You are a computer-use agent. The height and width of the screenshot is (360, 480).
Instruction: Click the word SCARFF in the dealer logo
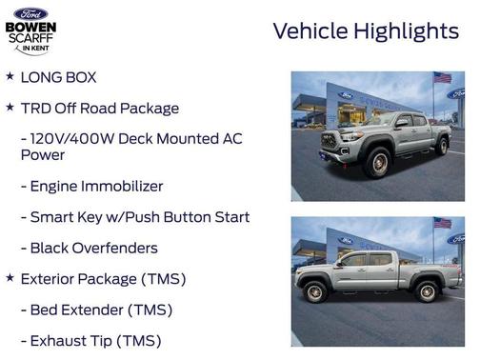click(31, 39)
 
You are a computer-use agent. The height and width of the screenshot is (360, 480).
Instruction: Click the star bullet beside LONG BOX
click(10, 76)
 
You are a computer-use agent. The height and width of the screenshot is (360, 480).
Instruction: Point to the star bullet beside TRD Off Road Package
click(10, 108)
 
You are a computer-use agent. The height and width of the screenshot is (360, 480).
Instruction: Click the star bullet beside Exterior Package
click(10, 278)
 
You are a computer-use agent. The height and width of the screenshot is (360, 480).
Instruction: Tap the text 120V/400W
click(73, 138)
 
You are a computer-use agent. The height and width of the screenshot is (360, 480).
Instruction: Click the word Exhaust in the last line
click(59, 340)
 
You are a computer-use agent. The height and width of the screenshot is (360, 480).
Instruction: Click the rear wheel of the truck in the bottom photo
click(427, 291)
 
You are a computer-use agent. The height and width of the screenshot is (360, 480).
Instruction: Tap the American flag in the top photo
click(441, 78)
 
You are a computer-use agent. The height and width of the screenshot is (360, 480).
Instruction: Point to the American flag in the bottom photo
click(441, 223)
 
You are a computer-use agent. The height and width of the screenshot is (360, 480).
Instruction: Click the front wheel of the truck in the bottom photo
click(314, 292)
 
